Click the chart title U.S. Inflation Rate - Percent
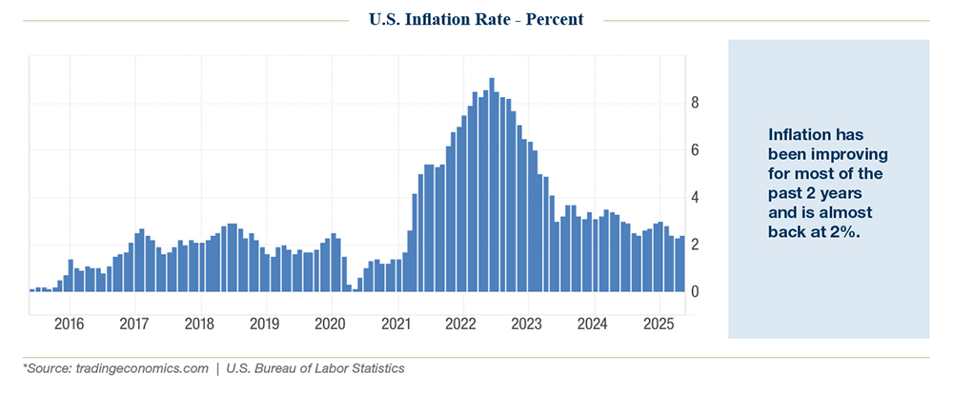pos(476,19)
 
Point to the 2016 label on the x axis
pos(69,324)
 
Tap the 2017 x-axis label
pos(134,324)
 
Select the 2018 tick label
pos(199,324)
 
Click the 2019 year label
pos(265,324)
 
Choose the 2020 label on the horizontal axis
pos(330,324)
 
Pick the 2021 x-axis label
pos(395,324)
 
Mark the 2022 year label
pos(461,324)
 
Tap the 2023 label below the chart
pos(527,324)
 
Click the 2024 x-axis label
pos(593,324)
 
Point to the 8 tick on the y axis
pos(696,103)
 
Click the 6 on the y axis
pos(696,150)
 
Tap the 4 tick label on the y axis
pos(696,198)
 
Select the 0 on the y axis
pos(696,292)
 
